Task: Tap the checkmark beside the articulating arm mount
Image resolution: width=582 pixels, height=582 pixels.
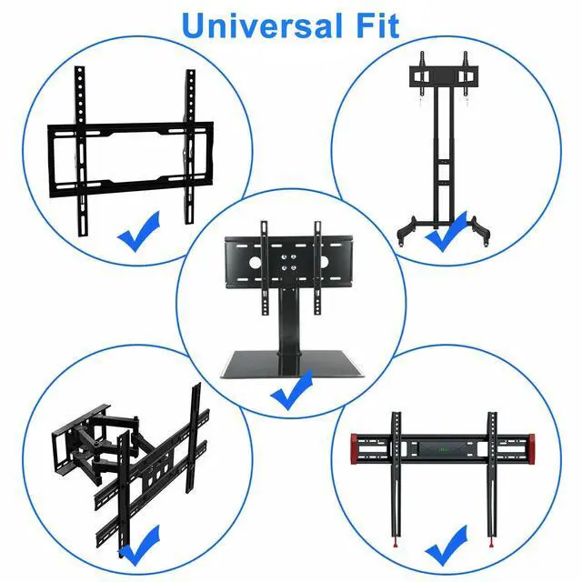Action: [141, 550]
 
